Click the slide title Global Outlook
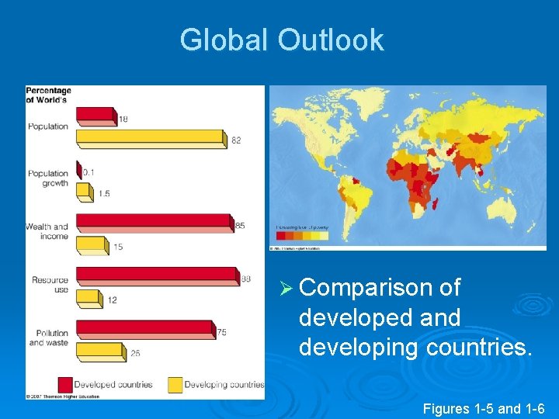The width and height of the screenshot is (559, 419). (282, 40)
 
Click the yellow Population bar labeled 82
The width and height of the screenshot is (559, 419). (150, 138)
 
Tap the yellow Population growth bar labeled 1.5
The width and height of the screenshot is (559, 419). (84, 192)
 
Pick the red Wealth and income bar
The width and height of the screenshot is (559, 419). (153, 223)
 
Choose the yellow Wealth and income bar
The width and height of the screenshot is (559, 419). (91, 245)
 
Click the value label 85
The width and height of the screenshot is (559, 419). (240, 226)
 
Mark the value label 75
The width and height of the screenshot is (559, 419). (221, 333)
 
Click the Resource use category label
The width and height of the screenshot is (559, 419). (50, 285)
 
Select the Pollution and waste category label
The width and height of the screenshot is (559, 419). (48, 338)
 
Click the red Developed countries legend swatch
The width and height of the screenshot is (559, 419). (65, 384)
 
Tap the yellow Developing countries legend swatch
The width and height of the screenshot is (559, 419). (175, 384)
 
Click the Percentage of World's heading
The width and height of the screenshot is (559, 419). (47, 95)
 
